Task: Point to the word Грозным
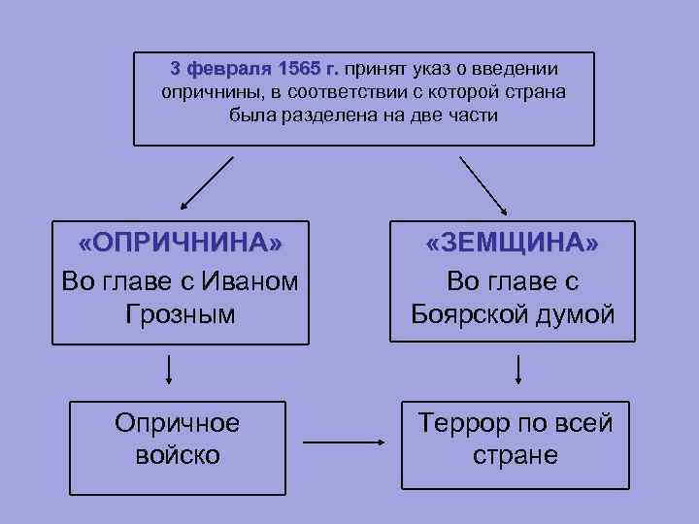point(180,314)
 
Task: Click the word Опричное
point(177,422)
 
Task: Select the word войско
point(177,454)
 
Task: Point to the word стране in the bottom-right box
point(515,454)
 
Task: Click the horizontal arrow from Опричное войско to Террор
point(345,443)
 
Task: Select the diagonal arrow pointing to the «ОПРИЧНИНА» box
point(207,183)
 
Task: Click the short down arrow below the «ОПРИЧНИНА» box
point(170,369)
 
